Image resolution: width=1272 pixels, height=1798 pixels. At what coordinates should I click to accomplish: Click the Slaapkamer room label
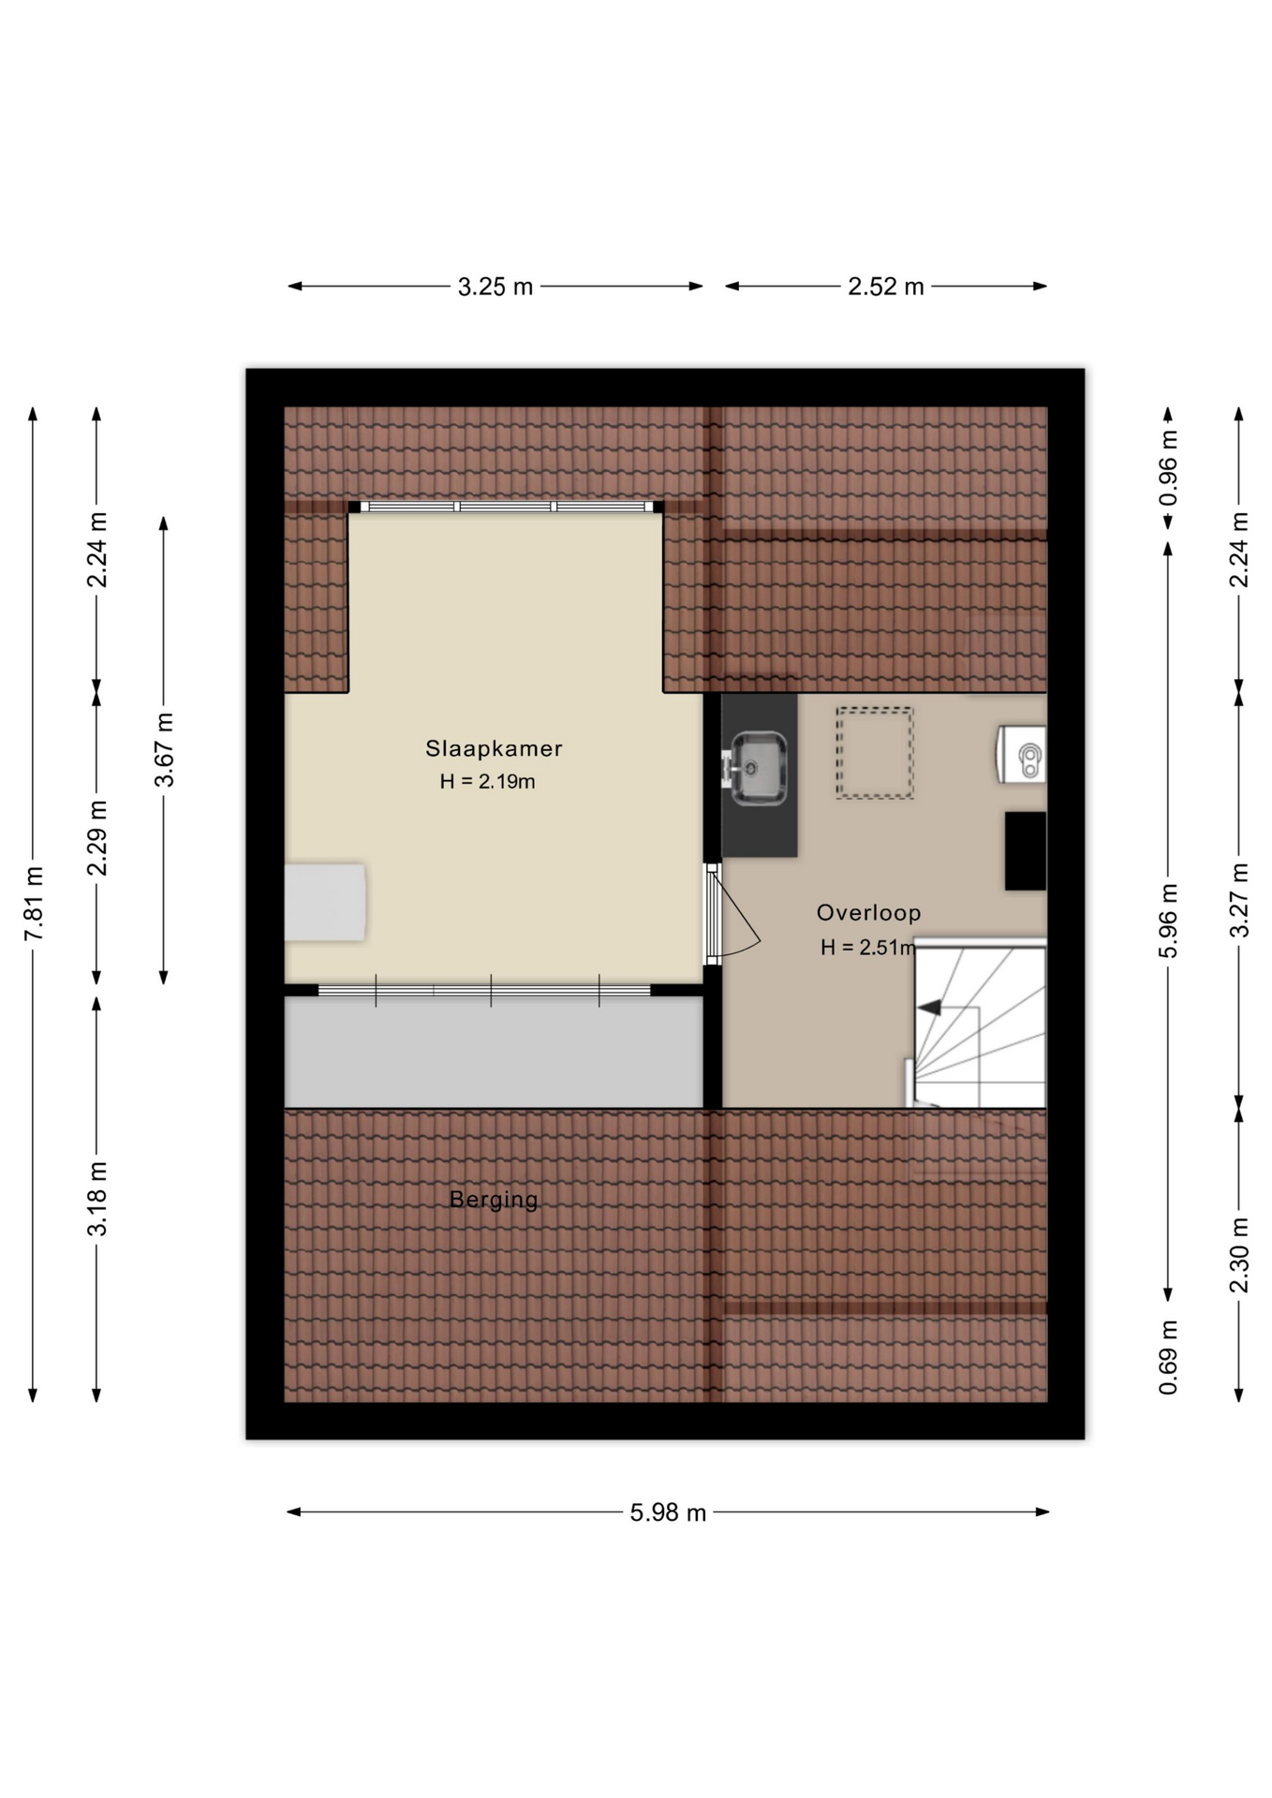click(x=494, y=748)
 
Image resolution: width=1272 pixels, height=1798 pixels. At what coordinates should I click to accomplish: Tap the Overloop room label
click(x=868, y=912)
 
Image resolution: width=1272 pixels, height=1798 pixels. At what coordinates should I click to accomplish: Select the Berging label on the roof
click(x=494, y=1200)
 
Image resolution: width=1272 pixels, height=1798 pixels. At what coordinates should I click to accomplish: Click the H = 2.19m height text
click(x=487, y=781)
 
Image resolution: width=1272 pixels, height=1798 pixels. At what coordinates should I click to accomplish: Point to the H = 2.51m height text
click(x=867, y=948)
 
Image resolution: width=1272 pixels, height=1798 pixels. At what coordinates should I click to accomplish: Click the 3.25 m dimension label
click(x=495, y=287)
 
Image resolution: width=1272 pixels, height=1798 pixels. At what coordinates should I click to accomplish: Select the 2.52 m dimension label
click(x=885, y=287)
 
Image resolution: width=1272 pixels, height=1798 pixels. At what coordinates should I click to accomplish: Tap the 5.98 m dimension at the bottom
click(x=667, y=1512)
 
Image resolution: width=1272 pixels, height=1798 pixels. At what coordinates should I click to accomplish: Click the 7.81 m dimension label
click(x=34, y=904)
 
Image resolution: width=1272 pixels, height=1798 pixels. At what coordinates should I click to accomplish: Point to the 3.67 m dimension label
click(x=164, y=749)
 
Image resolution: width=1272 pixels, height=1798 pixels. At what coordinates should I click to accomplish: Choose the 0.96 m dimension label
click(x=1168, y=467)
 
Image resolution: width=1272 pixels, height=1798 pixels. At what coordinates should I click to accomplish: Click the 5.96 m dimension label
click(x=1168, y=921)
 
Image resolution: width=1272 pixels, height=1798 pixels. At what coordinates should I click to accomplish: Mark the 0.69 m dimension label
click(x=1168, y=1357)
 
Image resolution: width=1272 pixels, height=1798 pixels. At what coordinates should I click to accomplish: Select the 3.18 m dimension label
click(x=97, y=1199)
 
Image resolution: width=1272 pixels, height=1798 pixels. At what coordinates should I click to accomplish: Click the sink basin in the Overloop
click(x=758, y=768)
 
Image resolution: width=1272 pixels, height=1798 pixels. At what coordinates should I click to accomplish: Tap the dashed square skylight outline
click(x=874, y=753)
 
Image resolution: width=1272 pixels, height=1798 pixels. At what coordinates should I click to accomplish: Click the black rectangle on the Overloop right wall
click(x=1025, y=851)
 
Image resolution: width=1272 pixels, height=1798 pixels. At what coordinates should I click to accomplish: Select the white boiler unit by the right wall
click(x=1022, y=754)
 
